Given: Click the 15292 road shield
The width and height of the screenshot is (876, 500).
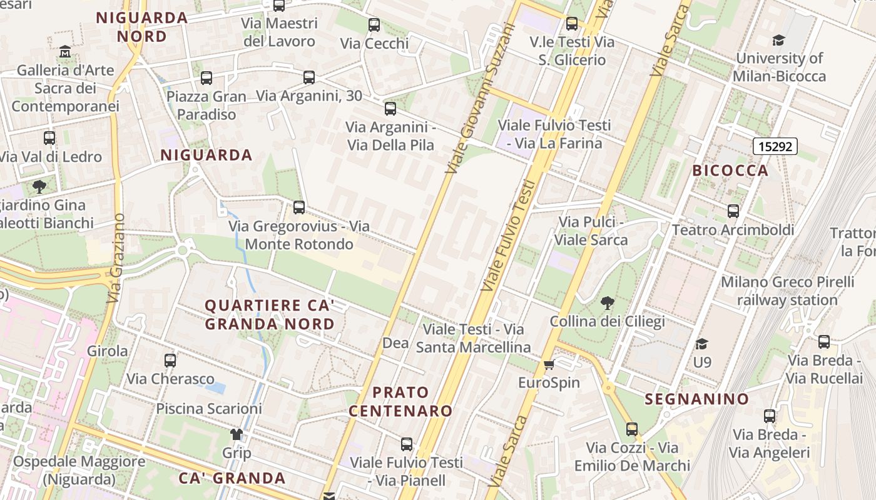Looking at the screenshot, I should tap(775, 147).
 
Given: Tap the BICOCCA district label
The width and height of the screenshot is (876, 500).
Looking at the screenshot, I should tap(730, 171).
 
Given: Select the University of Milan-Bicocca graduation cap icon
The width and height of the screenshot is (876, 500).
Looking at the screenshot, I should tap(778, 41).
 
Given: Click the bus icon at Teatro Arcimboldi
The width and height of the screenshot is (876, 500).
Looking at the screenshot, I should tap(733, 211).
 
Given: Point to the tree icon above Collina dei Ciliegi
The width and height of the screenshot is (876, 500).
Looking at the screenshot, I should tap(607, 304).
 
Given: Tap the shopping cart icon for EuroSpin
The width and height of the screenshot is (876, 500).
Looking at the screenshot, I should tap(549, 365).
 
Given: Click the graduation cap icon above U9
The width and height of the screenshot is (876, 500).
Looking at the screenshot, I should tap(702, 344).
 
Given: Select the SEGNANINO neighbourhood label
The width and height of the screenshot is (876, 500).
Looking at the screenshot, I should tap(697, 399).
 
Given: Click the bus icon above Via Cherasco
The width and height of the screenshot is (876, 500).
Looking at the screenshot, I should tap(170, 361).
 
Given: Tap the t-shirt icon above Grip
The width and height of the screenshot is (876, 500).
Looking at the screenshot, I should tap(236, 434).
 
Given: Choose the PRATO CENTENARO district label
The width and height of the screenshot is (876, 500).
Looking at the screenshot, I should tap(400, 401).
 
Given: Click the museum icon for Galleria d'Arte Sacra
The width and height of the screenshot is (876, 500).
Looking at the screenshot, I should tap(65, 51).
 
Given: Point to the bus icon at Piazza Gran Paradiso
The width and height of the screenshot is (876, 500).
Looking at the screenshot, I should tap(206, 78).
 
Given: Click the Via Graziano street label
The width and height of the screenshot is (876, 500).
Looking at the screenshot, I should tap(116, 258).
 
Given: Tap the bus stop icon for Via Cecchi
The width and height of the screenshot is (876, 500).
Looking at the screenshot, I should tap(374, 25).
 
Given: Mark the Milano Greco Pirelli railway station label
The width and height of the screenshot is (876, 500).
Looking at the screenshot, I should tap(787, 291).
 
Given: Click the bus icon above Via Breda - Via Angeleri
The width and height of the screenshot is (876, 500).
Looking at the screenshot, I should tap(770, 416).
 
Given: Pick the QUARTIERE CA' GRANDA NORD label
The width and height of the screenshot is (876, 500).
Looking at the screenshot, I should tap(270, 314).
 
